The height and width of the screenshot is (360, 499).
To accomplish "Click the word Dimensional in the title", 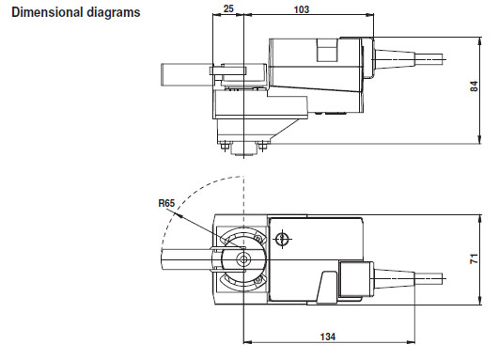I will [42, 13].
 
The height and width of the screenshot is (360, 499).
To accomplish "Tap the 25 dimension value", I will [228, 8].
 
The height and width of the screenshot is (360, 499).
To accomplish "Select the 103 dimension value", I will [302, 8].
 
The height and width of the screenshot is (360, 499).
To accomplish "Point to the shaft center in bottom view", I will [243, 258].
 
